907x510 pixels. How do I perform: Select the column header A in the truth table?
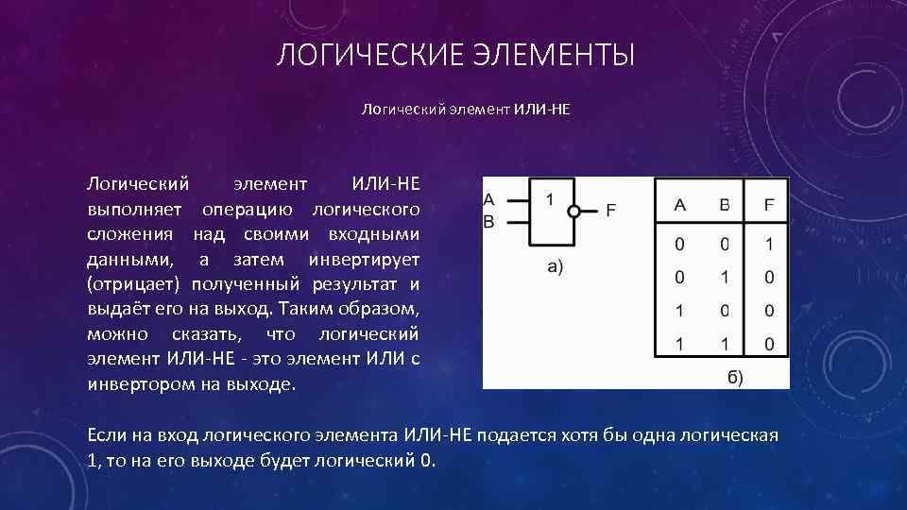click(x=679, y=204)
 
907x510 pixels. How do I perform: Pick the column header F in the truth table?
click(x=769, y=204)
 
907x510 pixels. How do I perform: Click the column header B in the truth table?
click(x=725, y=204)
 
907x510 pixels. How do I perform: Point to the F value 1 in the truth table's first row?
click(x=769, y=245)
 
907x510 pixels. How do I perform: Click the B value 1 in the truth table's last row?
click(x=725, y=345)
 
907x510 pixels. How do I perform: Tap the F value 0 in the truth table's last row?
click(x=769, y=345)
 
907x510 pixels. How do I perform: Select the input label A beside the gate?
click(x=488, y=199)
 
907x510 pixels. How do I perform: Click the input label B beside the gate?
click(x=488, y=222)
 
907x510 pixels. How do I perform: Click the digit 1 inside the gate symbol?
click(x=550, y=199)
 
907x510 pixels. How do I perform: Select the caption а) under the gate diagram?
click(x=556, y=267)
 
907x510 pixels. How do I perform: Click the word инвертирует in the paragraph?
click(x=364, y=258)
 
